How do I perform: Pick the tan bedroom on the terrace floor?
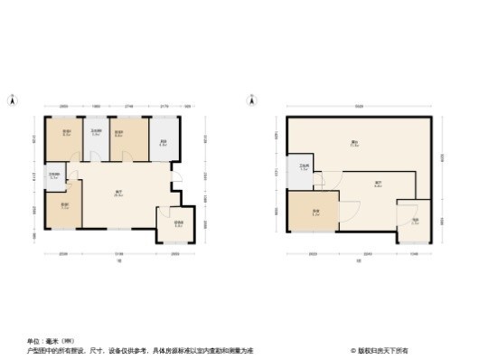315,215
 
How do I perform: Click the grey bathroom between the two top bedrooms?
94,137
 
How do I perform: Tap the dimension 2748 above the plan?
129,107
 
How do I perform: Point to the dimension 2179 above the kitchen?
163,107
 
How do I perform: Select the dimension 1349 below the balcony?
415,254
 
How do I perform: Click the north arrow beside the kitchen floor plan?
12,99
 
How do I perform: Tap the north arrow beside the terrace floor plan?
250,99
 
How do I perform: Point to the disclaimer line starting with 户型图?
140,350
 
